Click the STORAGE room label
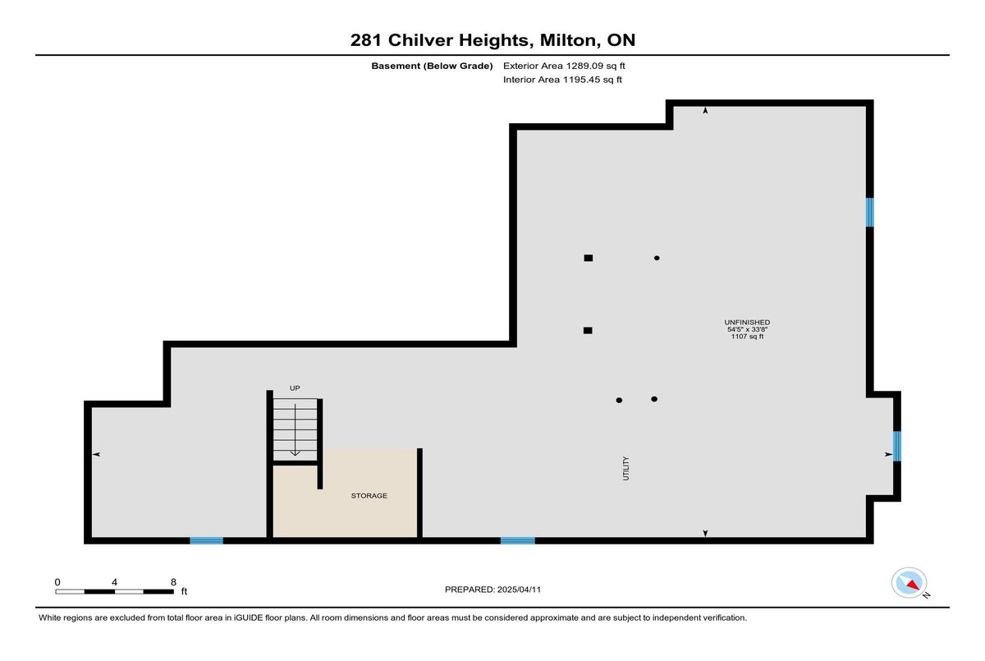click(369, 496)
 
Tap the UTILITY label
click(625, 468)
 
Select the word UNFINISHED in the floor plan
click(747, 323)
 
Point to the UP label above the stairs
click(295, 388)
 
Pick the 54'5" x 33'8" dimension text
click(747, 329)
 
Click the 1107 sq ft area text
click(747, 337)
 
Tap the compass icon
click(909, 583)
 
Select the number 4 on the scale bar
click(114, 582)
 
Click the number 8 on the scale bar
click(173, 582)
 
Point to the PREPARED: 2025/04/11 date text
click(492, 590)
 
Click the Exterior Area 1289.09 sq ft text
click(564, 66)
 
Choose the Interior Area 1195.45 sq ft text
click(562, 80)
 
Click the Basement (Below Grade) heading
click(432, 66)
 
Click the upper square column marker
click(589, 258)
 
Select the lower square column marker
click(588, 330)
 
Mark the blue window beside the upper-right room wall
click(870, 213)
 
